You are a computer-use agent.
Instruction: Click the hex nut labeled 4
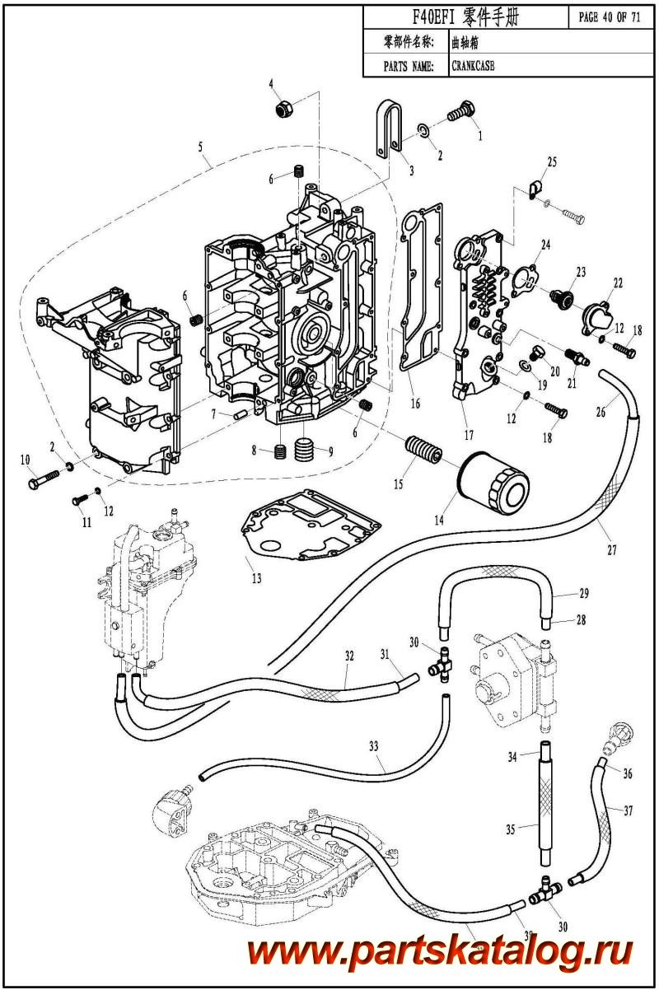coord(282,107)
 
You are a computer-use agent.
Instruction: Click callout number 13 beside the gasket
coord(256,578)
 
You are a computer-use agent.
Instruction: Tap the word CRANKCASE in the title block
coord(473,67)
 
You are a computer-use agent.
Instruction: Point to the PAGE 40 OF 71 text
coord(610,17)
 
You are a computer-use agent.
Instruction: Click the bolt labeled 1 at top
coord(462,110)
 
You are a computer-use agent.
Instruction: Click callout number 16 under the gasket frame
coord(415,403)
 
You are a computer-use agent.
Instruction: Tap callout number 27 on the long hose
coord(612,549)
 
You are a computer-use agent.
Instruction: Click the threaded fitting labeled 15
coord(425,453)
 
